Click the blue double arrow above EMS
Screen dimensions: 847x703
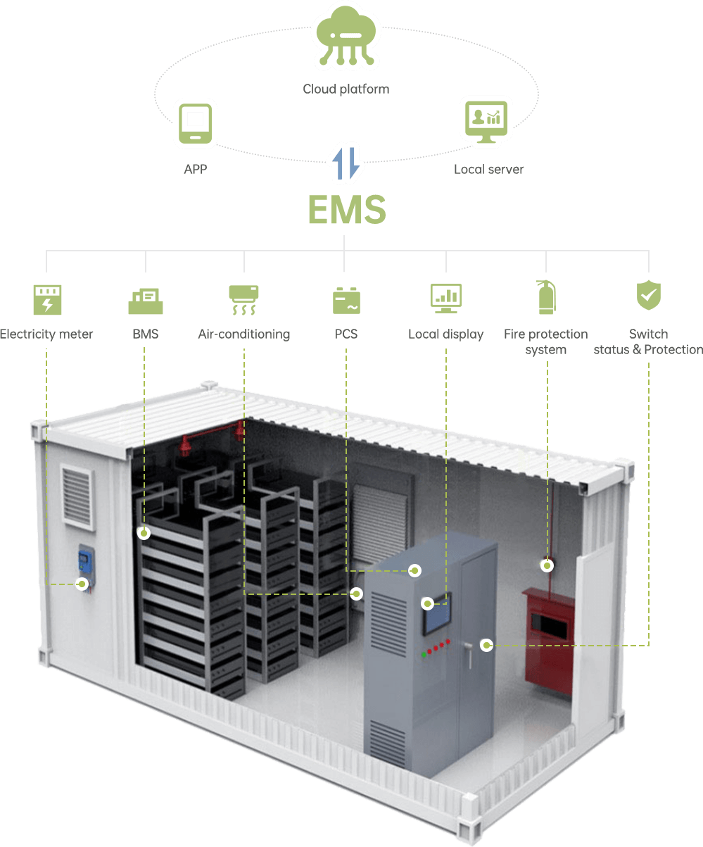(x=346, y=163)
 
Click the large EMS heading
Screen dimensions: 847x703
(x=346, y=209)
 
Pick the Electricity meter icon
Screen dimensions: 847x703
(x=47, y=299)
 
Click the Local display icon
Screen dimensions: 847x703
(x=445, y=299)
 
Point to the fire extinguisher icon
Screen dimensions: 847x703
(x=546, y=296)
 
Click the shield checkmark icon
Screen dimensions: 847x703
(x=648, y=295)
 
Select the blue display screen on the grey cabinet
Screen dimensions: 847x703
(x=436, y=619)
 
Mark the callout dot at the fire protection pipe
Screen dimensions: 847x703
(x=546, y=565)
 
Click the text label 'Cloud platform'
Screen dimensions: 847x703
(x=346, y=89)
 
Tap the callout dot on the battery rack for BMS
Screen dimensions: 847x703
(x=144, y=533)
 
